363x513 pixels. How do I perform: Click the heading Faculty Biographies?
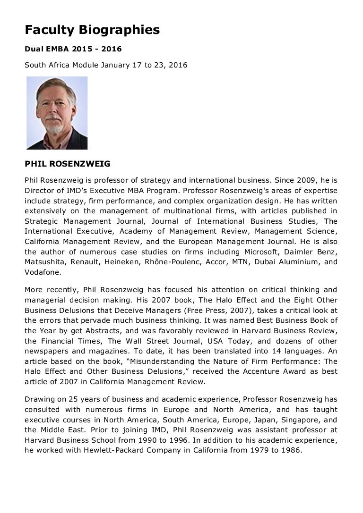(92, 30)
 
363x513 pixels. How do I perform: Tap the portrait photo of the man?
(57, 113)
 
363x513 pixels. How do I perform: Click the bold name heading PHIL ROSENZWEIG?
(68, 164)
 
